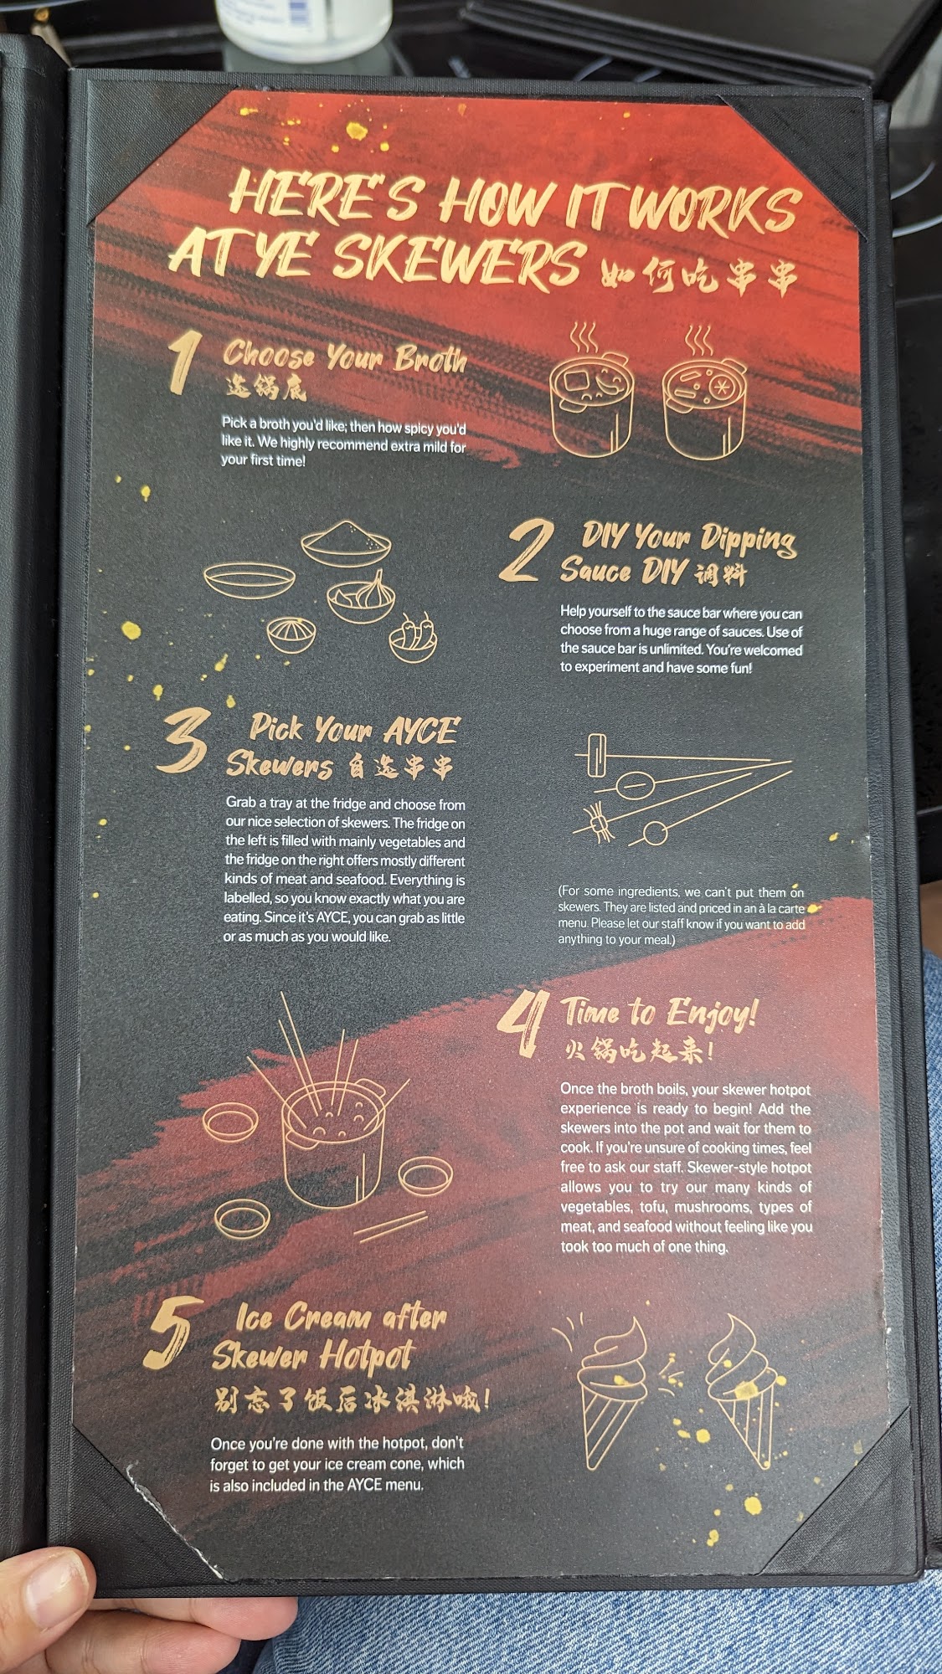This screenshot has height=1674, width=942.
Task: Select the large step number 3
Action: point(182,740)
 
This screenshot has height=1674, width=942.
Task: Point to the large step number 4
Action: point(523,1022)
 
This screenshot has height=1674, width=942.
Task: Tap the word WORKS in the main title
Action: point(711,205)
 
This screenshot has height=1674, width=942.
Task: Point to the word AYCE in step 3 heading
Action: point(421,731)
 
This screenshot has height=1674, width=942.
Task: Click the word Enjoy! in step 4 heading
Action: point(712,1014)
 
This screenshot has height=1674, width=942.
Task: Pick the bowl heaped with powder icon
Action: point(347,543)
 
